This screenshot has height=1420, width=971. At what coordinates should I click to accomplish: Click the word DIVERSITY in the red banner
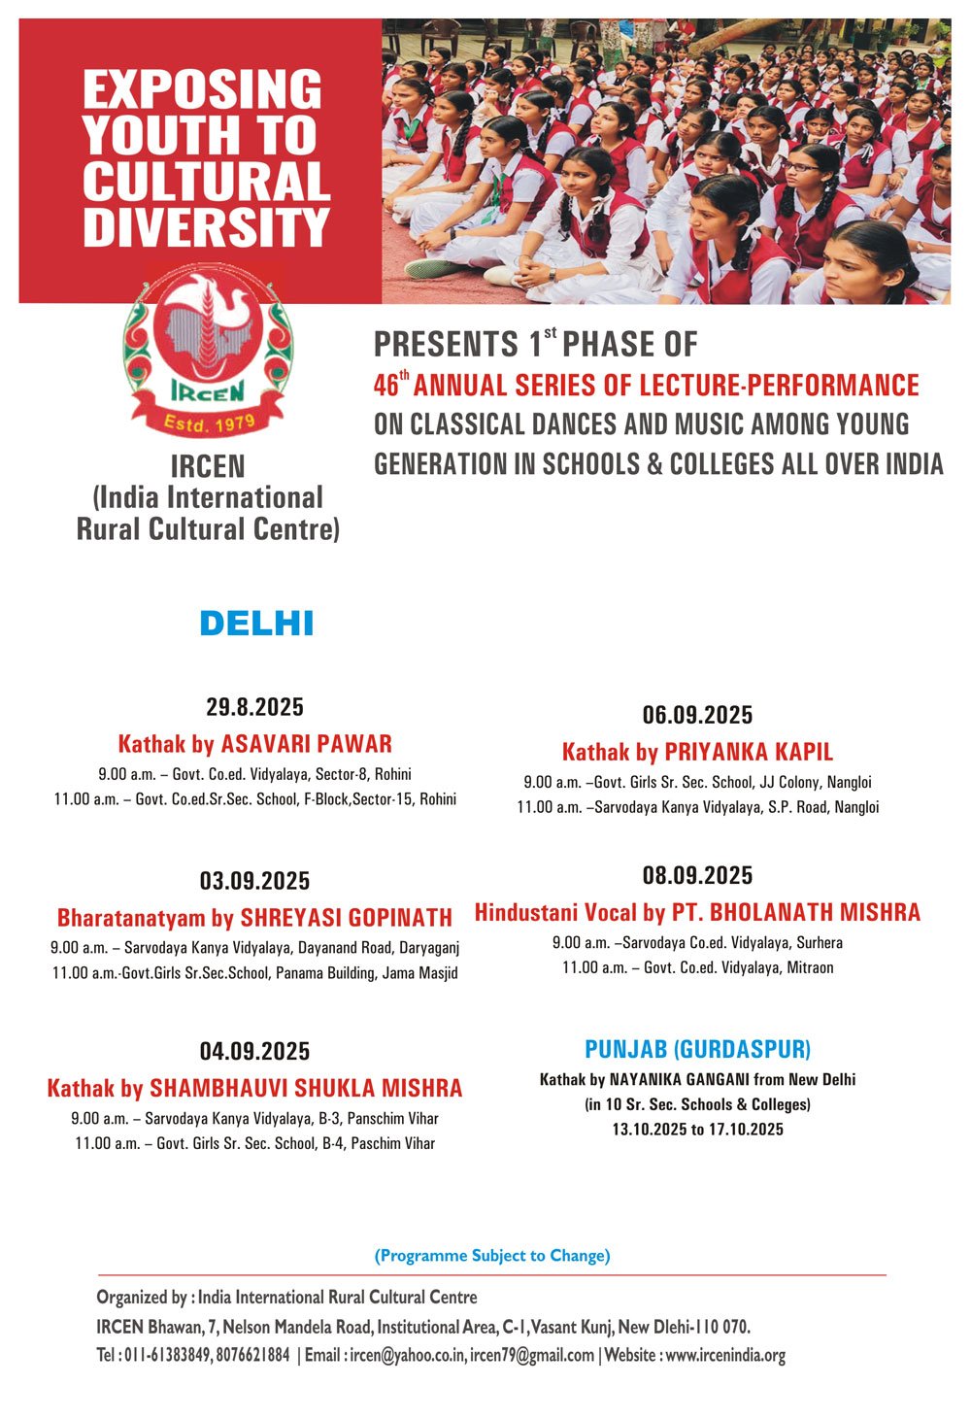pyautogui.click(x=206, y=225)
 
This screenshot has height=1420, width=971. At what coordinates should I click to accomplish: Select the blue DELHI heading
pyautogui.click(x=256, y=624)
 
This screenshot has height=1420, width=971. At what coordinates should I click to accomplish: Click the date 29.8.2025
pyautogui.click(x=254, y=706)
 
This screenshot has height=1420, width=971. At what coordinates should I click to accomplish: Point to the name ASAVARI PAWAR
pyautogui.click(x=307, y=745)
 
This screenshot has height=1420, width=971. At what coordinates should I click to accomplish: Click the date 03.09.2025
pyautogui.click(x=254, y=881)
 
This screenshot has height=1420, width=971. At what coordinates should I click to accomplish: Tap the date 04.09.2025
pyautogui.click(x=254, y=1051)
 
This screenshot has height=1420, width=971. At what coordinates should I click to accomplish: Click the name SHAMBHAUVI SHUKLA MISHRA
pyautogui.click(x=306, y=1088)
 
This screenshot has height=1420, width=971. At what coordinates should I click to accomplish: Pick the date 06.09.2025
pyautogui.click(x=697, y=716)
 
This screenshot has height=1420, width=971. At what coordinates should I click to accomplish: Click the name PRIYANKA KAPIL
pyautogui.click(x=749, y=753)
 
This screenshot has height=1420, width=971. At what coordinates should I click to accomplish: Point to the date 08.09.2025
pyautogui.click(x=697, y=876)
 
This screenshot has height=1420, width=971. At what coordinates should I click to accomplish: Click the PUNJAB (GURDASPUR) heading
pyautogui.click(x=697, y=1050)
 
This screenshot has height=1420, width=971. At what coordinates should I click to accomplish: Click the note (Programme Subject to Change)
pyautogui.click(x=492, y=1256)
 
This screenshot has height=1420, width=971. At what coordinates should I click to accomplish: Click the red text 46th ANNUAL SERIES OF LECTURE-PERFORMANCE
pyautogui.click(x=647, y=386)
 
